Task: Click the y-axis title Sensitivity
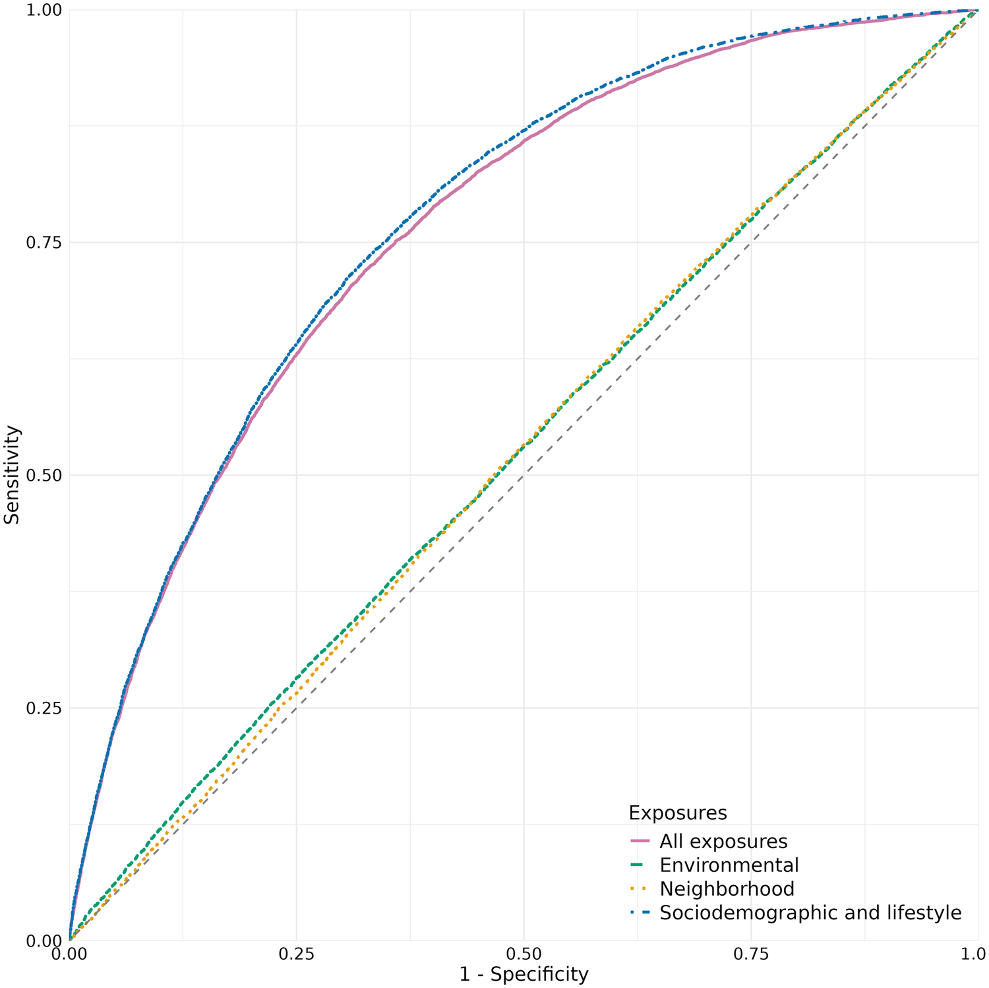coord(12,475)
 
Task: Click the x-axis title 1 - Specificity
coord(524,974)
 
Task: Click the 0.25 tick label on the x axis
coord(296,954)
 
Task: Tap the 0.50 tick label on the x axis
coord(524,954)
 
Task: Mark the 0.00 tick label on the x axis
coord(69,954)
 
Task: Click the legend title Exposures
coord(678,813)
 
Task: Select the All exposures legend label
coord(723,842)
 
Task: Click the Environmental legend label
coord(729,865)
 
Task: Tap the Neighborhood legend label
coord(727,889)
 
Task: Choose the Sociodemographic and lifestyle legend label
coord(810,913)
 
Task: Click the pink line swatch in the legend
coord(640,842)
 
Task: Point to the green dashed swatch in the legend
coord(640,865)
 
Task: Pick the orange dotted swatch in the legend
coord(640,889)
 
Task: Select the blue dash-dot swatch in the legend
coord(640,913)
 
